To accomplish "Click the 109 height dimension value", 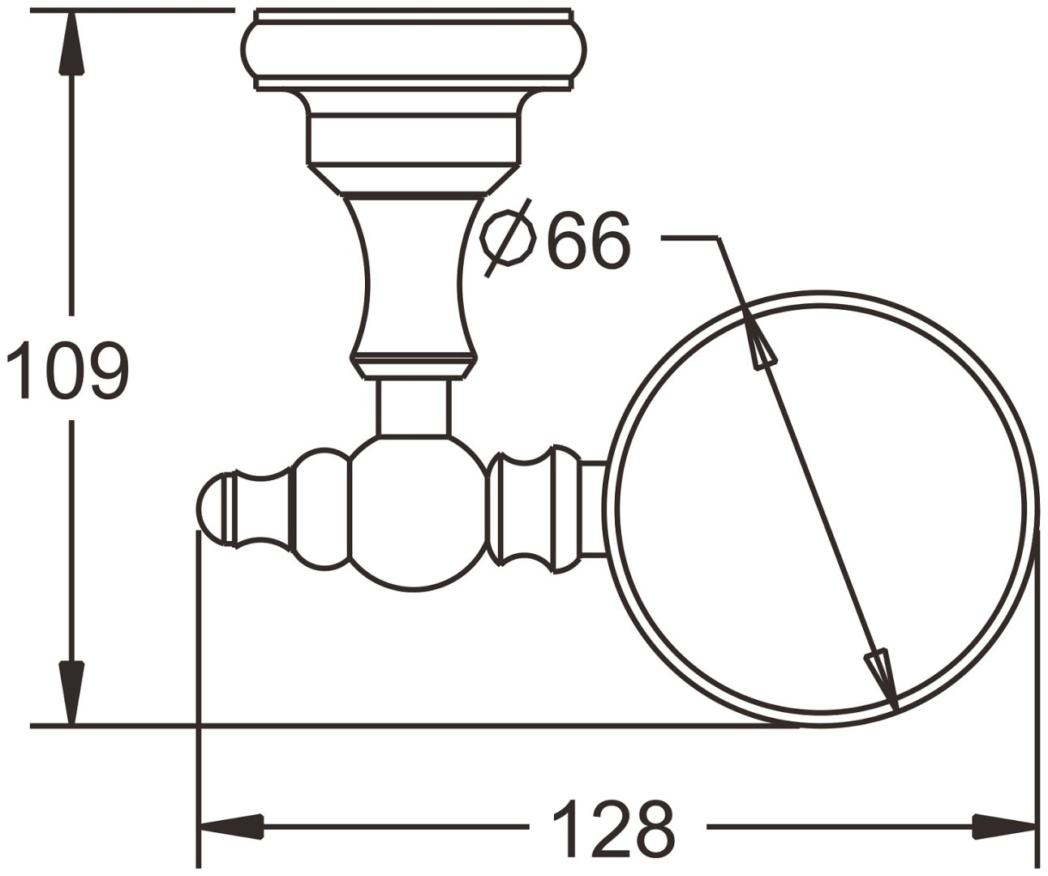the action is [68, 371].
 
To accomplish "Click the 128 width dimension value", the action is [614, 827].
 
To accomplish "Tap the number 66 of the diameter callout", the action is [588, 239].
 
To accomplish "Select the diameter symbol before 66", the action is [508, 238].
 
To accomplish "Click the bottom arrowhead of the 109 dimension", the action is [71, 693].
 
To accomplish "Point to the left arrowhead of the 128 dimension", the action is [232, 827].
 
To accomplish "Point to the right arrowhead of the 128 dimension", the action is [1003, 827].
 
